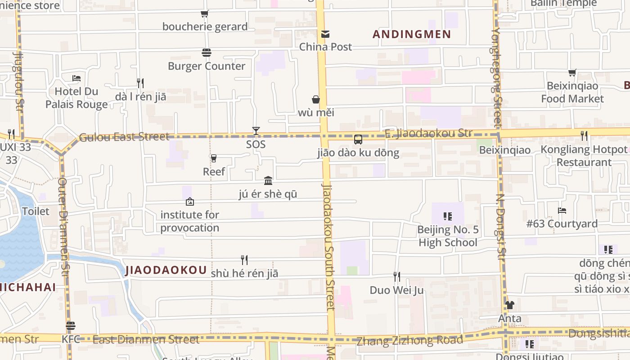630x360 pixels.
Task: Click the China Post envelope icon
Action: point(325,34)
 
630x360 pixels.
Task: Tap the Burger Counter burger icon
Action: point(207,53)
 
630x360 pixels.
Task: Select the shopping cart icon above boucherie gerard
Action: point(205,14)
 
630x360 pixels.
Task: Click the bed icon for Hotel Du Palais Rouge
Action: point(76,78)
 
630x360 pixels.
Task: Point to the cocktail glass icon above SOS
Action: point(256,131)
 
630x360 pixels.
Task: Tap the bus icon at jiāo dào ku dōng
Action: point(358,139)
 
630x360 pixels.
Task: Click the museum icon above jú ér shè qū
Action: point(268,180)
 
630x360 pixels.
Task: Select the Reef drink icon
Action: point(214,158)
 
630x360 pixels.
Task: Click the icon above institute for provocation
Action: point(190,202)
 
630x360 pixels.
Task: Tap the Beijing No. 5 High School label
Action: point(448,236)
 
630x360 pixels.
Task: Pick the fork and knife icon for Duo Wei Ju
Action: point(396,276)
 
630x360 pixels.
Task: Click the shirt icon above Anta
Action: point(509,305)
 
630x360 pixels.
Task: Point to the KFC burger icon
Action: point(71,326)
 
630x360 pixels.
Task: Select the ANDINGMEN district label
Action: point(412,35)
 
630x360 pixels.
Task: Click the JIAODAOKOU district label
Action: point(166,270)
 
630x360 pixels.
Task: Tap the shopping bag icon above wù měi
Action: point(316,99)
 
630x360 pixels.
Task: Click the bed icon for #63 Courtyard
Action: point(562,210)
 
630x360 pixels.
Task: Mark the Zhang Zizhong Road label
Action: point(409,341)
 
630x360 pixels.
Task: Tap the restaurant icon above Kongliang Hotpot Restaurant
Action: point(584,135)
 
